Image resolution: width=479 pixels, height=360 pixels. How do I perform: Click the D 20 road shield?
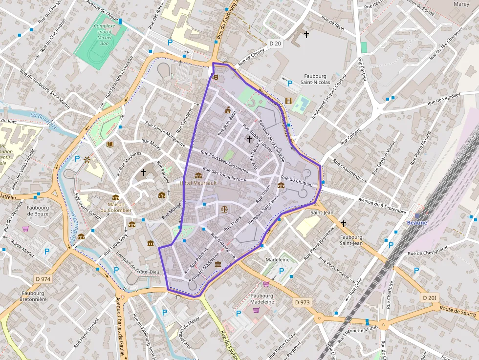point(276,43)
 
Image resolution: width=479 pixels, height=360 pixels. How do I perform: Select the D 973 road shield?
point(303,302)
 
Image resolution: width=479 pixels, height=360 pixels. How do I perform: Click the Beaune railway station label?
point(417,222)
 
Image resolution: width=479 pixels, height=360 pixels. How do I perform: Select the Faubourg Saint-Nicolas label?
point(315,79)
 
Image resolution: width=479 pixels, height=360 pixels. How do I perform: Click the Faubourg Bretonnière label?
point(33,296)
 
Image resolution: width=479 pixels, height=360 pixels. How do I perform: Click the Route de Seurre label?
point(457,311)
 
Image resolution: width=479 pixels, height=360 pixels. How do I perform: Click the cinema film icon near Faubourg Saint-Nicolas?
point(288,101)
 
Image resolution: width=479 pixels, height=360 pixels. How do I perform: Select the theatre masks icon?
point(216,77)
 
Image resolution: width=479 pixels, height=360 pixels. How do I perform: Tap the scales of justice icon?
point(224,209)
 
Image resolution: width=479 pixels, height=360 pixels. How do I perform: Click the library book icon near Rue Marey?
point(110,144)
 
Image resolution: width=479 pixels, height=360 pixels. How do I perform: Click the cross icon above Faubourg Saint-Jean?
point(344,223)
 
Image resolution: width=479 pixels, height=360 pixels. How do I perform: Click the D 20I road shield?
point(430,297)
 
